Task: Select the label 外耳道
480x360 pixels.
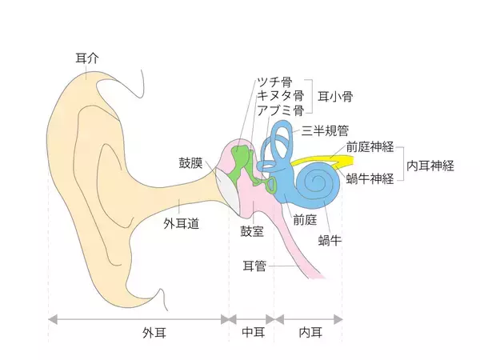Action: [181, 224]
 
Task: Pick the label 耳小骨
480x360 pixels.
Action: [335, 96]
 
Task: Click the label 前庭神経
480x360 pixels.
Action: [369, 146]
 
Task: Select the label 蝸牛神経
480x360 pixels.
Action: [369, 178]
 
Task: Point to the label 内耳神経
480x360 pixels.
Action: [430, 165]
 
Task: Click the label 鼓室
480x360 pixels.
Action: [252, 230]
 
